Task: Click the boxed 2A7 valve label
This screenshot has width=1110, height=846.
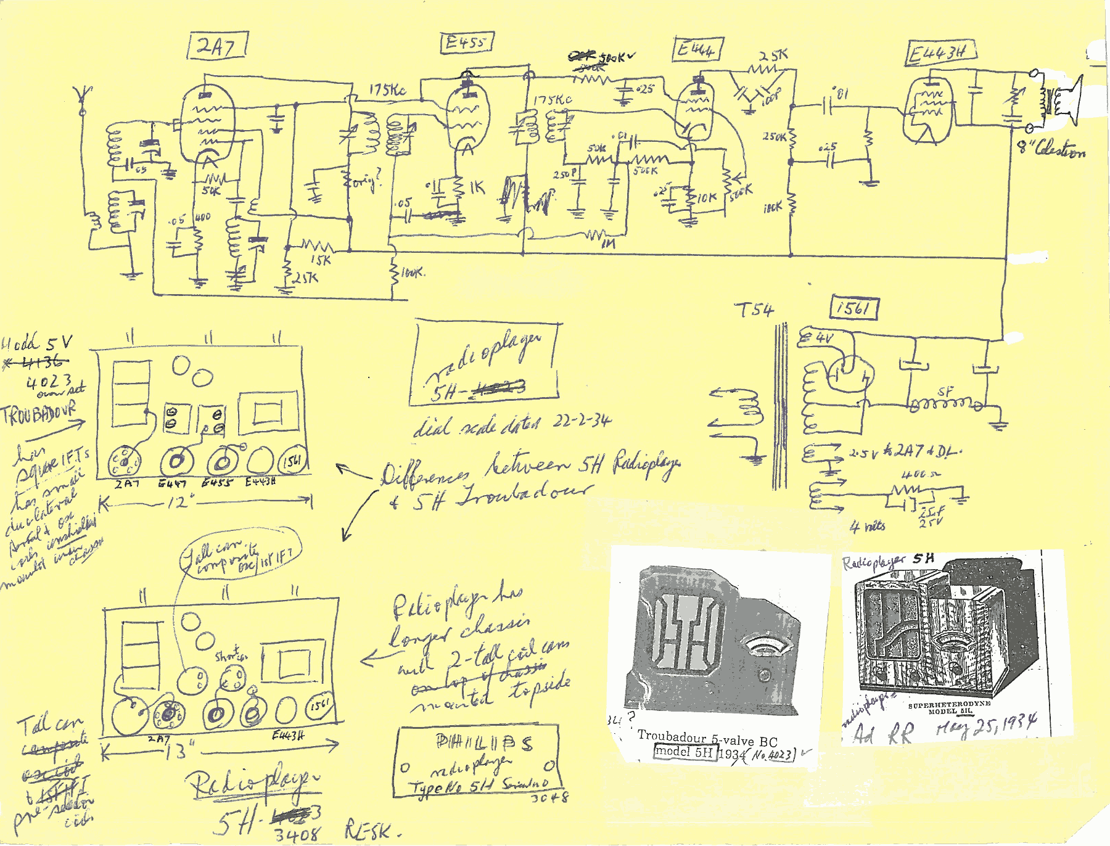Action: pos(217,46)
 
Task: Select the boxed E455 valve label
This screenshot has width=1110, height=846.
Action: pos(467,43)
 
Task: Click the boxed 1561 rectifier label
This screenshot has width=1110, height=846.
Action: pos(854,308)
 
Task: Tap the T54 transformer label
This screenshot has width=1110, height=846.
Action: pos(754,310)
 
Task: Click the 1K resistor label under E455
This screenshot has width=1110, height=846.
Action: pos(477,188)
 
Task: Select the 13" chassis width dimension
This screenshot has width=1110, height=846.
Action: pos(178,751)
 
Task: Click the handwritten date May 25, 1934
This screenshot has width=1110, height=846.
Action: pos(987,726)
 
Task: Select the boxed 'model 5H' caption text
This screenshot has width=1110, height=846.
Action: pos(684,752)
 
